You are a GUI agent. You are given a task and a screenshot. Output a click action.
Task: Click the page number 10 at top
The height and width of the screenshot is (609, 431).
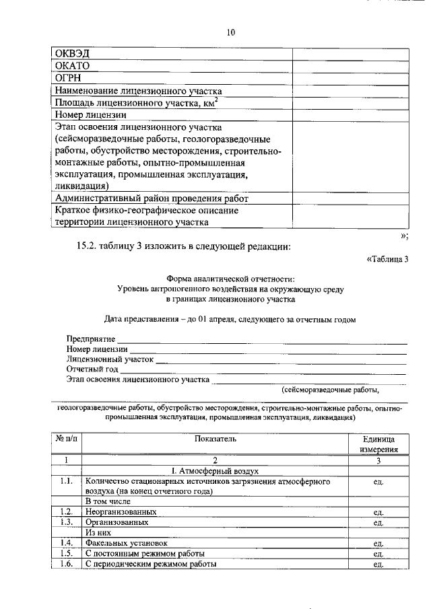(x=231, y=32)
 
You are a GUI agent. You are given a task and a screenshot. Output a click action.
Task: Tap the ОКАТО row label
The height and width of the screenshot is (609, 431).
(x=73, y=66)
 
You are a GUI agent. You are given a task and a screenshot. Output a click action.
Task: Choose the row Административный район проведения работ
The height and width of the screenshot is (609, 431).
(x=152, y=199)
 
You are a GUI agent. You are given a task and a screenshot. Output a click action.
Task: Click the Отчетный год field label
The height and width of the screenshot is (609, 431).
(x=92, y=369)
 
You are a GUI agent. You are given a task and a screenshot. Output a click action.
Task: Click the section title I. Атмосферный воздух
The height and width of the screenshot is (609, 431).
(x=215, y=471)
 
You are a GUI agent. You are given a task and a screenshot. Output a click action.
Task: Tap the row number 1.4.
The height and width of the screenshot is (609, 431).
(x=65, y=542)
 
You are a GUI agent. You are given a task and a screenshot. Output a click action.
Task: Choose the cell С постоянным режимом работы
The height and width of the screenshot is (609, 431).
(x=145, y=553)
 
